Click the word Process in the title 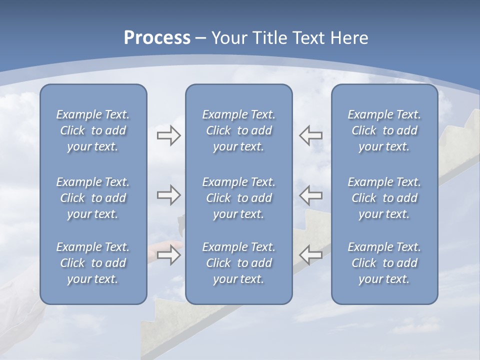tap(157, 38)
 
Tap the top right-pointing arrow tap(168, 135)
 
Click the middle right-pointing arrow tap(168, 194)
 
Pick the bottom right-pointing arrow tap(168, 255)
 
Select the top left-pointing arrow tap(311, 135)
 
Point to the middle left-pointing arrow tap(311, 194)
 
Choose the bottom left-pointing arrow tap(311, 255)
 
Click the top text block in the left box tap(93, 130)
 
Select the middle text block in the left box tap(93, 198)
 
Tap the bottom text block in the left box tap(93, 263)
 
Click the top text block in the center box tap(238, 130)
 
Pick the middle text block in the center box tap(238, 198)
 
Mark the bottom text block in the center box tap(238, 263)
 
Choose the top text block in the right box tap(384, 130)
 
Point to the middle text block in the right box tap(384, 198)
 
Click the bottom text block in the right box tap(384, 263)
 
